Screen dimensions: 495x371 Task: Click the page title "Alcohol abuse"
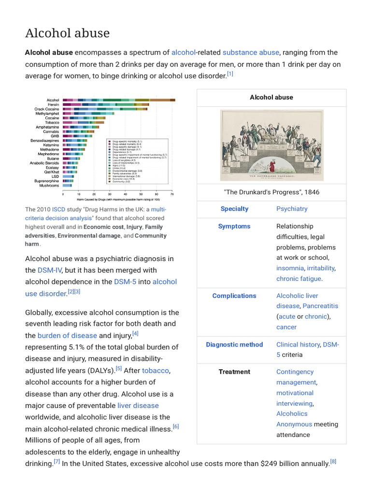tap(67, 33)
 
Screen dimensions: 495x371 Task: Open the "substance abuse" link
tap(251, 52)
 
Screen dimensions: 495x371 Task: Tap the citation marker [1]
tap(230, 74)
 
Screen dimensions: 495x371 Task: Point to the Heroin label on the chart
tap(53, 104)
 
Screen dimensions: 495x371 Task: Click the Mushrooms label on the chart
tap(49, 186)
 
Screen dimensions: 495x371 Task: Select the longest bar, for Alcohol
tap(119, 100)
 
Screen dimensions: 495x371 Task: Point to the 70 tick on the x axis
tap(172, 194)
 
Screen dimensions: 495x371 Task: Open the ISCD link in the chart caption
tap(58, 209)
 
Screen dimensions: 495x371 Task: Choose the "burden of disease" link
tap(67, 335)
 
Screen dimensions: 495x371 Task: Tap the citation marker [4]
tap(135, 334)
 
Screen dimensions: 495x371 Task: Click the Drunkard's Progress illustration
tap(271, 145)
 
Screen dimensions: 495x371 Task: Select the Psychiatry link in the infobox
tap(292, 209)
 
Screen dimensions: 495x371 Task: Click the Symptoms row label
tap(234, 226)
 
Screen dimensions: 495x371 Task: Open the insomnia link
tap(290, 268)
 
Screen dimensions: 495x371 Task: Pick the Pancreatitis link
tap(321, 306)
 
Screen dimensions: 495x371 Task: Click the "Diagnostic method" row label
tap(234, 345)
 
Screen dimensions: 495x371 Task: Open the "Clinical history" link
tap(298, 345)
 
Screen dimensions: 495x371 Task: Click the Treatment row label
tap(234, 372)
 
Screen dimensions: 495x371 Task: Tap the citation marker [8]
tap(333, 461)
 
